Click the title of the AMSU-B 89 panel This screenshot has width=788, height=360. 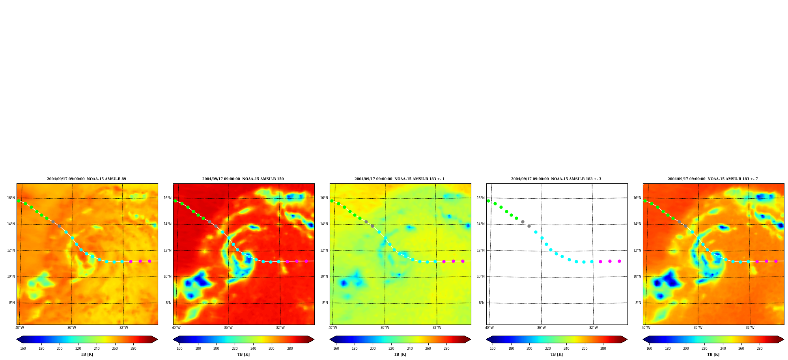(x=86, y=179)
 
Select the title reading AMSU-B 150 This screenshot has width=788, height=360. (x=243, y=179)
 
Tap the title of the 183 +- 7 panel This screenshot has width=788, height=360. (x=713, y=179)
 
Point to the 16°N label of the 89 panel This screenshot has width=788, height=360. (x=11, y=198)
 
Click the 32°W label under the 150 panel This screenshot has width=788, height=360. (x=280, y=328)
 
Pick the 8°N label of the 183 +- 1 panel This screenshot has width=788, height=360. (x=325, y=303)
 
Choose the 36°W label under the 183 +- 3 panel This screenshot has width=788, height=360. (x=542, y=328)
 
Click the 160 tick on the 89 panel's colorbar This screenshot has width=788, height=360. (x=23, y=349)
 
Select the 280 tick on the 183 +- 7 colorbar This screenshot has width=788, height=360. (x=760, y=349)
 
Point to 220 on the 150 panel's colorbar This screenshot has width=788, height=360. (x=235, y=349)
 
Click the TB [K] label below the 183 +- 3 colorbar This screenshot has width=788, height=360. (x=556, y=354)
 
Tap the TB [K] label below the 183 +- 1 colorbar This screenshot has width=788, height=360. (x=400, y=354)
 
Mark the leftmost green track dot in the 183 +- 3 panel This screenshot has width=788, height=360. (x=488, y=201)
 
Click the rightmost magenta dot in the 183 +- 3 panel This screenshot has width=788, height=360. (x=619, y=261)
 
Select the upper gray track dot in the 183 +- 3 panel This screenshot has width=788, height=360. (x=523, y=222)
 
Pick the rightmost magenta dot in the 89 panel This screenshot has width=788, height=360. (x=149, y=261)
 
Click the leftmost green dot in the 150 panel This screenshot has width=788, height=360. (x=175, y=201)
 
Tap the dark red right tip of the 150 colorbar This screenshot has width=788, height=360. (x=311, y=339)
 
